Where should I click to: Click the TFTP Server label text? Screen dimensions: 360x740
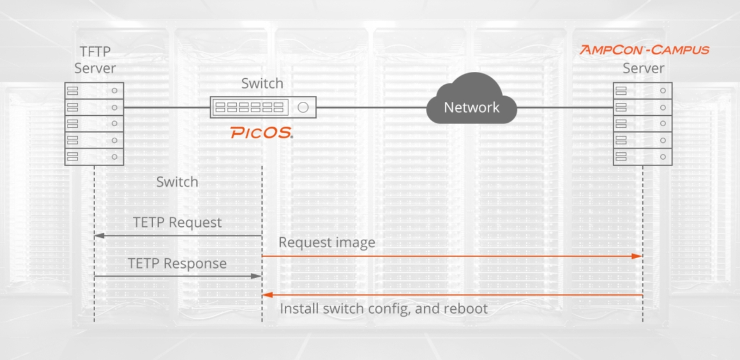click(x=95, y=60)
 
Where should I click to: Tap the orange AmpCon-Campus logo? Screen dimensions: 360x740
click(x=644, y=50)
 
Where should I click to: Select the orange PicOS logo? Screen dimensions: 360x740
click(x=261, y=133)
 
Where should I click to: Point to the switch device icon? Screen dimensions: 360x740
click(x=263, y=107)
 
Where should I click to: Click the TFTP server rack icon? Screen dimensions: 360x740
click(x=94, y=124)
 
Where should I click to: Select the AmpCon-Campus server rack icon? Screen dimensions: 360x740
click(x=642, y=124)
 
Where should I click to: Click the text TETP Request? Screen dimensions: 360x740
click(x=177, y=223)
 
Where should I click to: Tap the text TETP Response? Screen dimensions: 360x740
click(x=177, y=263)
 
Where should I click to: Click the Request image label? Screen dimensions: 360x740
click(x=327, y=242)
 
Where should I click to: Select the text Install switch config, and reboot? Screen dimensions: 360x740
click(x=383, y=309)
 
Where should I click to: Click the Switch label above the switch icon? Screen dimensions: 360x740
click(x=262, y=83)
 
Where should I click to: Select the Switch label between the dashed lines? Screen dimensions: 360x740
click(x=177, y=182)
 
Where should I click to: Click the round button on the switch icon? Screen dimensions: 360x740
click(x=303, y=107)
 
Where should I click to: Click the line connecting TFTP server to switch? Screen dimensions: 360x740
click(x=166, y=107)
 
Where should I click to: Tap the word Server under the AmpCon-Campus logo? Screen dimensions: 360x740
click(x=643, y=68)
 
